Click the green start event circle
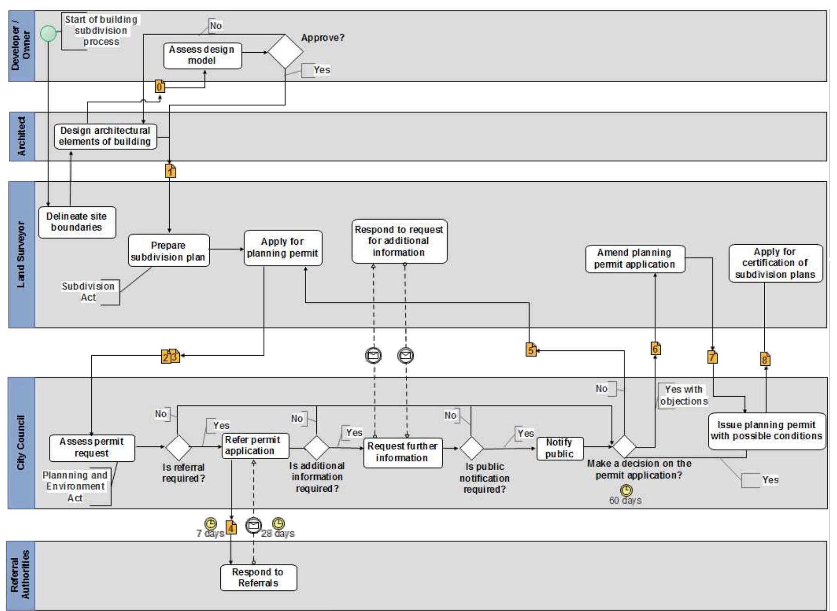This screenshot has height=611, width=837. pyautogui.click(x=48, y=34)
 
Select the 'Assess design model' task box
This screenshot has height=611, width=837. pyautogui.click(x=203, y=55)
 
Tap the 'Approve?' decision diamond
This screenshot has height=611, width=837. pyautogui.click(x=285, y=51)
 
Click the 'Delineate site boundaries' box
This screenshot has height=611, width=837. pyautogui.click(x=77, y=222)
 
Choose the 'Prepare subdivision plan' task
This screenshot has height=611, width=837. pyautogui.click(x=169, y=251)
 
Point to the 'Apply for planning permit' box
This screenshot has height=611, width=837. pyautogui.click(x=283, y=248)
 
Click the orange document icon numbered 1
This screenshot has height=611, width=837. pyautogui.click(x=171, y=171)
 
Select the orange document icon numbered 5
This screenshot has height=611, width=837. pyautogui.click(x=531, y=350)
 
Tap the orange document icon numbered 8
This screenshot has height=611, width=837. pyautogui.click(x=765, y=359)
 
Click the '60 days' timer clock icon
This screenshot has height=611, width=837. pyautogui.click(x=626, y=490)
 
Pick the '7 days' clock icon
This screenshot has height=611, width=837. pyautogui.click(x=211, y=523)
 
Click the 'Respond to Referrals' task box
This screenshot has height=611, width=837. pyautogui.click(x=258, y=577)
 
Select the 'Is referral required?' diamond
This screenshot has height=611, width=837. pyautogui.click(x=178, y=447)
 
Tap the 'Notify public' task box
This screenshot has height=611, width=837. pyautogui.click(x=560, y=448)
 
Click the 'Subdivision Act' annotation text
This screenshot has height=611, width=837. pyautogui.click(x=88, y=292)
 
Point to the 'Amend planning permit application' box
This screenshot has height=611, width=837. pyautogui.click(x=635, y=259)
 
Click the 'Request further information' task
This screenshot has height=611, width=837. pyautogui.click(x=403, y=452)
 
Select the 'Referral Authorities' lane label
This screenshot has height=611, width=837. pyautogui.click(x=21, y=575)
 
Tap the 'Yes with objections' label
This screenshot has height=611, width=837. pyautogui.click(x=683, y=395)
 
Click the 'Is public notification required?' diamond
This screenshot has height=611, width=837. pyautogui.click(x=471, y=448)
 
